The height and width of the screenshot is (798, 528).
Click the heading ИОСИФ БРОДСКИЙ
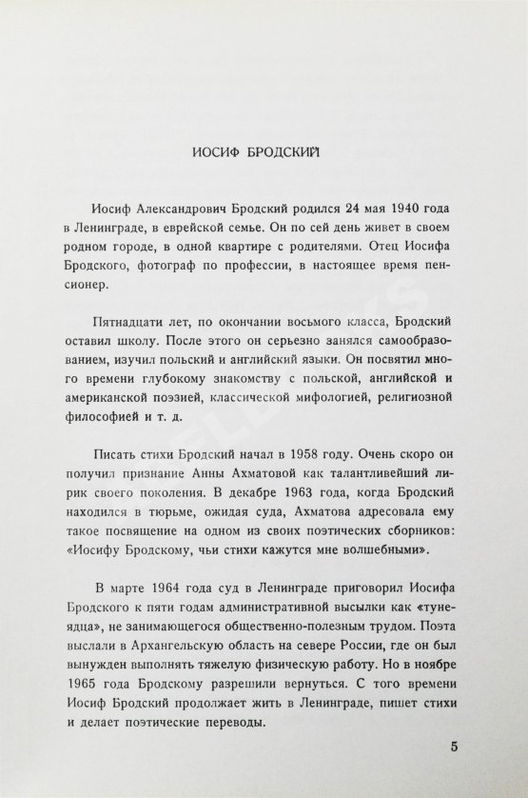264,151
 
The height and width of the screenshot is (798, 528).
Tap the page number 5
458,745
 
